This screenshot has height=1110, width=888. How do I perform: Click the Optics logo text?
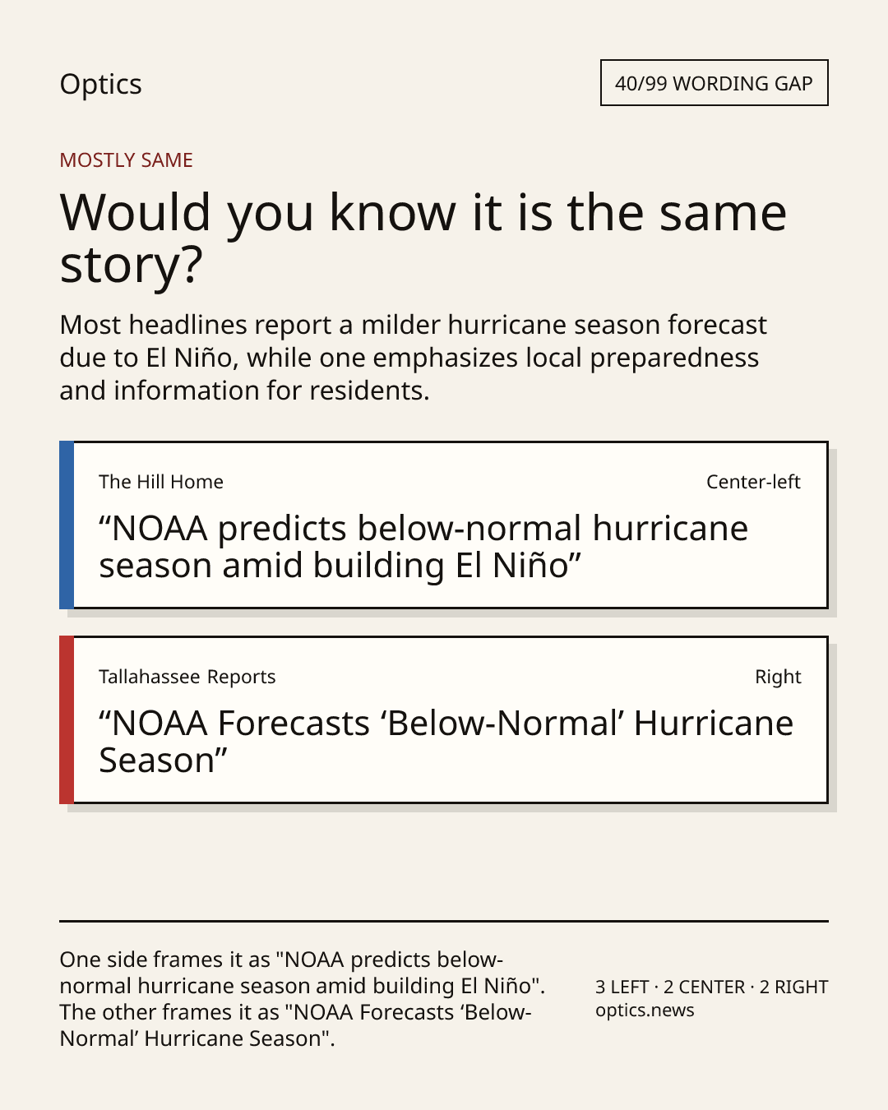[x=100, y=85]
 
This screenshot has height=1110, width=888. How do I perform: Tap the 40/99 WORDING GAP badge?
[x=715, y=83]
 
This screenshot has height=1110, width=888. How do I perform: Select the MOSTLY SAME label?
[x=126, y=160]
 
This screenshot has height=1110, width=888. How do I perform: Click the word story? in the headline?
[x=131, y=266]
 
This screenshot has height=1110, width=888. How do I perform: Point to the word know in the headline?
[x=393, y=212]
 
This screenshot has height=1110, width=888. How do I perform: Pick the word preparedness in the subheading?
[x=674, y=358]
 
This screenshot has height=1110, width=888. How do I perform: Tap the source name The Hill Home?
[x=161, y=482]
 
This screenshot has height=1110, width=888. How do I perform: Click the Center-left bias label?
[x=753, y=482]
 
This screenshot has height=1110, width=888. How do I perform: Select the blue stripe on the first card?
[x=67, y=525]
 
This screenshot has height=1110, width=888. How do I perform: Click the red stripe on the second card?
[x=67, y=720]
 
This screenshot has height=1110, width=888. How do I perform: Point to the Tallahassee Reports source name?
[x=187, y=677]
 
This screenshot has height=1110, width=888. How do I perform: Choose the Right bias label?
[x=778, y=677]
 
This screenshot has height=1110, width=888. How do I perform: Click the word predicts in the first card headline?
[x=282, y=530]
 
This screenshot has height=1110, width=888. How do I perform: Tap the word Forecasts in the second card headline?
[x=294, y=724]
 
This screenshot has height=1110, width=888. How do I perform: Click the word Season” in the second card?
[x=163, y=761]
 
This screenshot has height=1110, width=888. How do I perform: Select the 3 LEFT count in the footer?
[x=622, y=987]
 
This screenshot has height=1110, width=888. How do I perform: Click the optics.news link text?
[x=645, y=1010]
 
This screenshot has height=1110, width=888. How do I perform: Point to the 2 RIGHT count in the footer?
[x=793, y=987]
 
